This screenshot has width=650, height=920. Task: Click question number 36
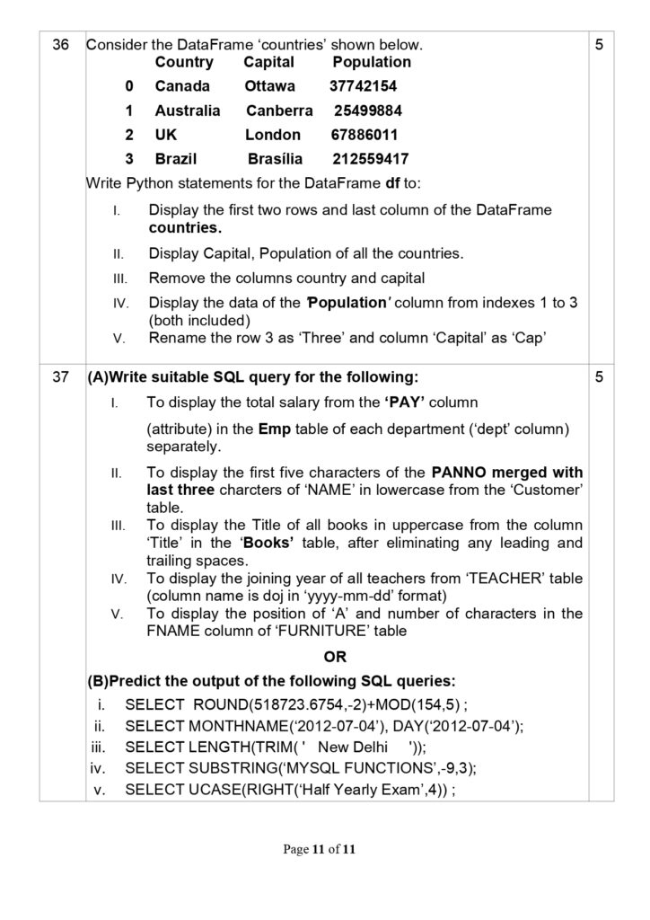click(x=61, y=44)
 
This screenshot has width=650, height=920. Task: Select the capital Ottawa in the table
click(x=269, y=86)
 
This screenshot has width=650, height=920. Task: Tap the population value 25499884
click(x=368, y=111)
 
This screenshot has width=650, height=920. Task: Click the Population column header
click(x=372, y=62)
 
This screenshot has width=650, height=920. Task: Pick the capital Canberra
click(x=280, y=111)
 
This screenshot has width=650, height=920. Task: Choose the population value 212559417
click(x=371, y=159)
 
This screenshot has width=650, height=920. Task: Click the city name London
click(x=273, y=135)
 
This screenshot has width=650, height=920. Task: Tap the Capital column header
click(x=268, y=62)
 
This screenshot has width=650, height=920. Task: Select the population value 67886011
click(x=364, y=135)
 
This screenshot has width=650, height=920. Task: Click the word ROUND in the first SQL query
click(x=215, y=703)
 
